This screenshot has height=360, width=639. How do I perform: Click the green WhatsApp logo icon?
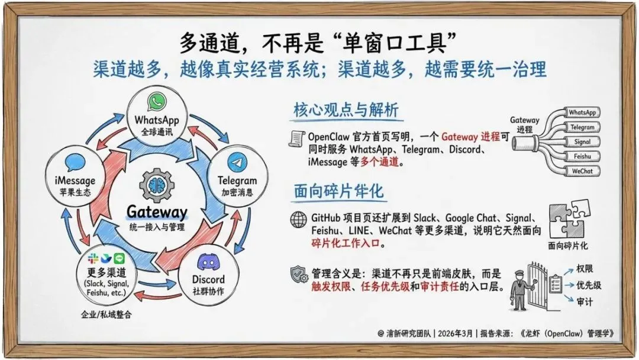point(156,101)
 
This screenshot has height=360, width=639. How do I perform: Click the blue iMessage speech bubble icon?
point(75,162)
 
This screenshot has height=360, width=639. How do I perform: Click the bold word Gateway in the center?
point(157,212)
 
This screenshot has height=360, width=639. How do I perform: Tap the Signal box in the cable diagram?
point(582,142)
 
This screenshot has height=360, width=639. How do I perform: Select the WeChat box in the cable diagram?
point(582,172)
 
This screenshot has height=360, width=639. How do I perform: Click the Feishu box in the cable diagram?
point(582,157)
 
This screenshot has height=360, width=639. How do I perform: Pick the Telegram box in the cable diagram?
point(582,127)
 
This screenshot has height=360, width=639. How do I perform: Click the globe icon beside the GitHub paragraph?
point(299,218)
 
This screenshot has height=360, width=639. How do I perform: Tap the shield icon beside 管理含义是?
point(298,274)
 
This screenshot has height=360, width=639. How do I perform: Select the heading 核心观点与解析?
point(346,110)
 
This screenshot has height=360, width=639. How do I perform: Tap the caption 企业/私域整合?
point(106,314)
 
